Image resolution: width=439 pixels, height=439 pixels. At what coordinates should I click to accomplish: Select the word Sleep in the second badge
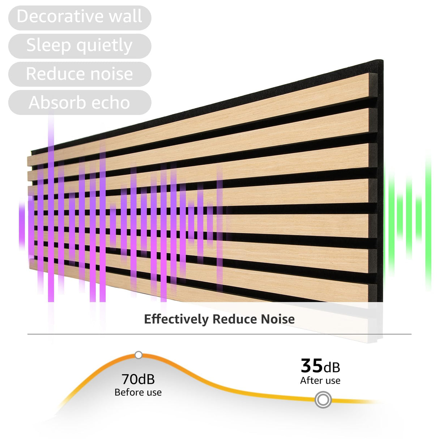(48, 45)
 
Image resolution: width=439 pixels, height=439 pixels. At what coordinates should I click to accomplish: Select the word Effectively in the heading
(176, 319)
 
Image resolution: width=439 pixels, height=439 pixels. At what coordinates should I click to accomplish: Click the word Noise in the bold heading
(278, 319)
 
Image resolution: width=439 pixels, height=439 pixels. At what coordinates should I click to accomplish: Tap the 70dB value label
(138, 379)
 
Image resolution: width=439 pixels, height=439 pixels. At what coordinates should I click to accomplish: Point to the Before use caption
(138, 392)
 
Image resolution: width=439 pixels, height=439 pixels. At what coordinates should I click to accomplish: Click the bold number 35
(311, 366)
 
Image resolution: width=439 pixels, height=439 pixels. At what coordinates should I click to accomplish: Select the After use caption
(320, 380)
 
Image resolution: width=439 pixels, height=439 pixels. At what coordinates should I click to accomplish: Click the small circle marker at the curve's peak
(138, 355)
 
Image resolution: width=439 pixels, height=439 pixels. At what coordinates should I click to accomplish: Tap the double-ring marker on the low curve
(323, 400)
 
